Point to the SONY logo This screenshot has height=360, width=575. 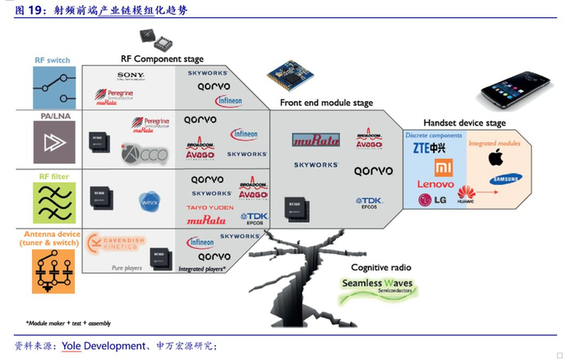coord(130,76)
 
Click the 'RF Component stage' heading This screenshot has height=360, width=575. coord(162,59)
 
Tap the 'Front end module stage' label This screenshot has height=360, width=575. coord(326,104)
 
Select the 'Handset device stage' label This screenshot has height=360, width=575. coord(464,123)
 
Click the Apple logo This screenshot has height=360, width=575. coord(495,158)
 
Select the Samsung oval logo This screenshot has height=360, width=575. coord(506,179)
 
